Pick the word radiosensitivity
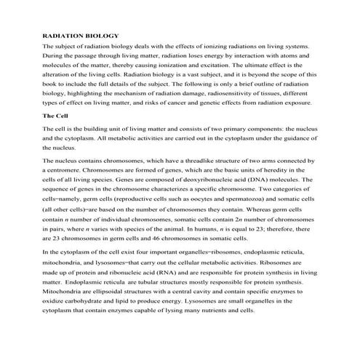pos(229,95)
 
